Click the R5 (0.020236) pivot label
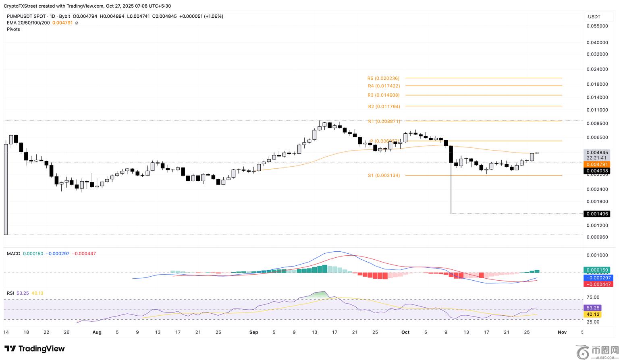coord(383,79)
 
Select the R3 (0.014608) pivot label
coord(384,95)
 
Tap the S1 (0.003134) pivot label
coord(384,176)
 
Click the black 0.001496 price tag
coord(597,214)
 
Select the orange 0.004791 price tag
coord(597,164)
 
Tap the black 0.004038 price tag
coord(597,171)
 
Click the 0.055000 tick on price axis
coord(597,26)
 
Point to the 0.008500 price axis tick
coord(597,124)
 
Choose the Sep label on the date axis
coord(253,332)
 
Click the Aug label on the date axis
coord(97,332)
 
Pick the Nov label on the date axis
coord(562,332)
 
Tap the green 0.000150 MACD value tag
coord(597,270)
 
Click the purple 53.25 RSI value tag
coord(592,308)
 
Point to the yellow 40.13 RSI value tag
coord(592,314)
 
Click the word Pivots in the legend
coord(13,29)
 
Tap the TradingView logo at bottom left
coord(35,349)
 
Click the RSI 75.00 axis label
coord(593,298)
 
